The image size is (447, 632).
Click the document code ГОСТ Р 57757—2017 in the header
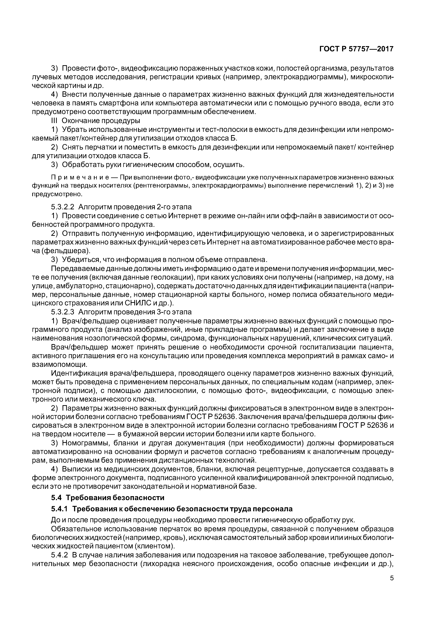(356, 49)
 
